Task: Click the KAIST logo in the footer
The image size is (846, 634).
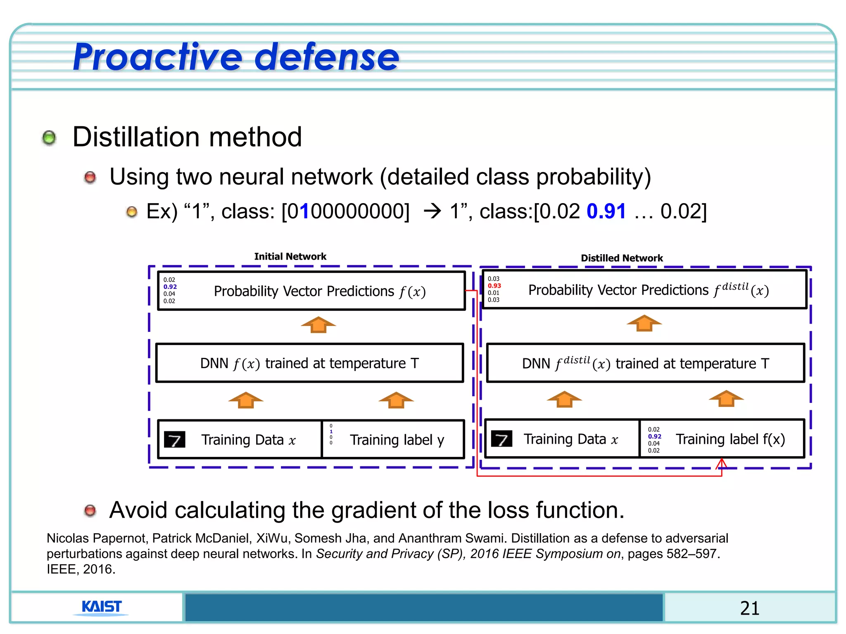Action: tap(102, 607)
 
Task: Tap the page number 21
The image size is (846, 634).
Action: tap(749, 608)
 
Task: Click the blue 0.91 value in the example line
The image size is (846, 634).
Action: tap(606, 211)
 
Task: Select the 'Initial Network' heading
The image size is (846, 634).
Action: tap(290, 256)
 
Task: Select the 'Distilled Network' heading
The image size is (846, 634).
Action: tap(622, 258)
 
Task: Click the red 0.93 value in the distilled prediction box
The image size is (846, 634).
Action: tap(494, 286)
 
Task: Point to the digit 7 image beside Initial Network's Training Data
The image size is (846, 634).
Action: tap(174, 440)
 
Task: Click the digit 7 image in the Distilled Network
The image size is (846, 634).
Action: tap(501, 438)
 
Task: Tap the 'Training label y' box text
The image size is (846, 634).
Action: tap(397, 440)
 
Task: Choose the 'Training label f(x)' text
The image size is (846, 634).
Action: tap(730, 439)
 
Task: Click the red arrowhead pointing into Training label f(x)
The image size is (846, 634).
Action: tap(721, 463)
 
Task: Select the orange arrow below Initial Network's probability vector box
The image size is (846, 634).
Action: tap(318, 325)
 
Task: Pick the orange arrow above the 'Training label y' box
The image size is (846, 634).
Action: tap(396, 400)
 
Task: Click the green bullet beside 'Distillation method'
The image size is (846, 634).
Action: tap(49, 137)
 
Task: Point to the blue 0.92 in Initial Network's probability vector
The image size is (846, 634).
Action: tap(170, 286)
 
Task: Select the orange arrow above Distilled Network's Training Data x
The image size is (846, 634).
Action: tap(564, 399)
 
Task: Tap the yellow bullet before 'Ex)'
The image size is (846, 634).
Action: tap(131, 212)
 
